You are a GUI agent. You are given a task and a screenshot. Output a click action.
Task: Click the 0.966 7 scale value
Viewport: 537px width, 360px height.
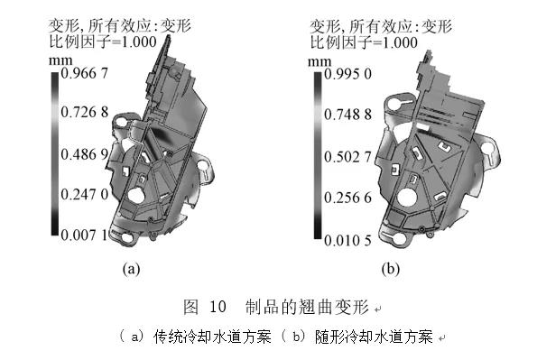84,73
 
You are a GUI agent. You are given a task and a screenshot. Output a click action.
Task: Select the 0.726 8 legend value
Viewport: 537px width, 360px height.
84,112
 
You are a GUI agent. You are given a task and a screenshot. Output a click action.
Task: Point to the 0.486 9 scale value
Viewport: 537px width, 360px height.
84,154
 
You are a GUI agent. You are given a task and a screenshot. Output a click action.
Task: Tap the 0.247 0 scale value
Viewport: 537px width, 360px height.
84,194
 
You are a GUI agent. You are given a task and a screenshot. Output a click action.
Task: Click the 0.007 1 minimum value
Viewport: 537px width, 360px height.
84,235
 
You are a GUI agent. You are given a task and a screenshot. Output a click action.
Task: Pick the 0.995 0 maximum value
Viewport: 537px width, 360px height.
347,74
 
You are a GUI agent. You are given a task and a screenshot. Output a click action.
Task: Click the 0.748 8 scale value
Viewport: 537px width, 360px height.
347,115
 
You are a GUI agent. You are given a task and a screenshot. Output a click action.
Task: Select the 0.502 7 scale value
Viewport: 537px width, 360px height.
347,157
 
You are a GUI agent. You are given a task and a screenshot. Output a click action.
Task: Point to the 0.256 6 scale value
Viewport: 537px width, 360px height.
347,198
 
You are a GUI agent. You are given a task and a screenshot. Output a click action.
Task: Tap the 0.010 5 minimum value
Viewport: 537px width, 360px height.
347,241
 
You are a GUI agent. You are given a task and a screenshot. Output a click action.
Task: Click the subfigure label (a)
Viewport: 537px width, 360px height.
131,268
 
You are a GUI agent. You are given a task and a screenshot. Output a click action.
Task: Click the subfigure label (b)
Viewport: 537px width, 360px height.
391,269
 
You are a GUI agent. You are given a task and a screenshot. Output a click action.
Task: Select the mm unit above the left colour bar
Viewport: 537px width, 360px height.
60,61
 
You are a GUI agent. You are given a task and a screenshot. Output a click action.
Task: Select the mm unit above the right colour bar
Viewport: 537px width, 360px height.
319,62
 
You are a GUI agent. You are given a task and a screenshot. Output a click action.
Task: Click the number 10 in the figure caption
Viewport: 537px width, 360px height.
218,306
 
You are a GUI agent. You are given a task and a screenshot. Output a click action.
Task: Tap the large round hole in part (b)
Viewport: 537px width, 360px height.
406,198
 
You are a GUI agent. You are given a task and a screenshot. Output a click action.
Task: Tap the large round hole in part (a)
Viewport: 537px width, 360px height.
136,195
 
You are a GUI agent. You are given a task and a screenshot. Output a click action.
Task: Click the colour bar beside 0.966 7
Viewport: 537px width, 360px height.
55,153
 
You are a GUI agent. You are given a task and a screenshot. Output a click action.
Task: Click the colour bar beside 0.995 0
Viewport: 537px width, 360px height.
319,156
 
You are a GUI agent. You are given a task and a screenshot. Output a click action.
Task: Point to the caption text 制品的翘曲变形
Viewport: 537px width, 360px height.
307,307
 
